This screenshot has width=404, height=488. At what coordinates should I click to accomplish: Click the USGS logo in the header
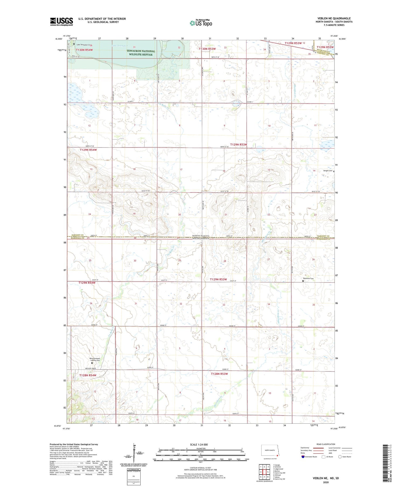coord(61,22)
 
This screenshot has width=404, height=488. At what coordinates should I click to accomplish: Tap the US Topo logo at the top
coord(201,23)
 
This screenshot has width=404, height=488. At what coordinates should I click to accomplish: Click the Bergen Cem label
coord(328,171)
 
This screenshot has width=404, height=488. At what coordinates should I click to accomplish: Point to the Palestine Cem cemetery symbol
coord(303,281)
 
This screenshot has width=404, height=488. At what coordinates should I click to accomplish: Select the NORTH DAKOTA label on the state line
coord(201,236)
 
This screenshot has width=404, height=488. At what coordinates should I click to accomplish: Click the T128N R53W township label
coord(219,374)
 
